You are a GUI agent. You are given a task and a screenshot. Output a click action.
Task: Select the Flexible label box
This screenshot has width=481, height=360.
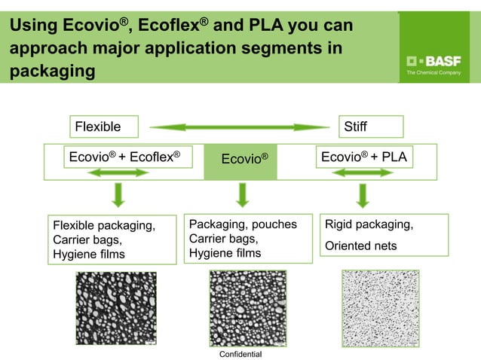point(105,127)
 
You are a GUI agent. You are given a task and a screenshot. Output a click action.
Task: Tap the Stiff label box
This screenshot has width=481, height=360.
point(371,127)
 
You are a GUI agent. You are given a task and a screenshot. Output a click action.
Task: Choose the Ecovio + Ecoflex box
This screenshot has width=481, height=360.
point(125,157)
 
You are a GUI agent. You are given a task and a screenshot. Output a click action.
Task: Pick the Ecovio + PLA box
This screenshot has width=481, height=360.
point(363,157)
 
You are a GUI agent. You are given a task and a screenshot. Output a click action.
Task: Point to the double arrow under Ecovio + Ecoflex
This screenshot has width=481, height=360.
point(118,173)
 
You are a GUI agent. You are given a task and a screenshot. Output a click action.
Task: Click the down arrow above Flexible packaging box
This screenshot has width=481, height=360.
point(118,195)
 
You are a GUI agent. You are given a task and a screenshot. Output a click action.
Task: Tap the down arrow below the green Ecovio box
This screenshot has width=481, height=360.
point(242,195)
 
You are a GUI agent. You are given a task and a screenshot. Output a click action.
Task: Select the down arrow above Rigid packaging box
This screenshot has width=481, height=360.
point(363,195)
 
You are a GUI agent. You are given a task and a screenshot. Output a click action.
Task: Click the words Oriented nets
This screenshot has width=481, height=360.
point(360,246)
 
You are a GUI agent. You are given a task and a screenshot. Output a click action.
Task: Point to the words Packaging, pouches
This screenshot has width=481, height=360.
point(243,224)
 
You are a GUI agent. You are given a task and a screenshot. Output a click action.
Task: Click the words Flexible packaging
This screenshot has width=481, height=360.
point(104,225)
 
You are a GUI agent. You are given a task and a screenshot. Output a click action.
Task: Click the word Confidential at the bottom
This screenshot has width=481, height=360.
point(240,353)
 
